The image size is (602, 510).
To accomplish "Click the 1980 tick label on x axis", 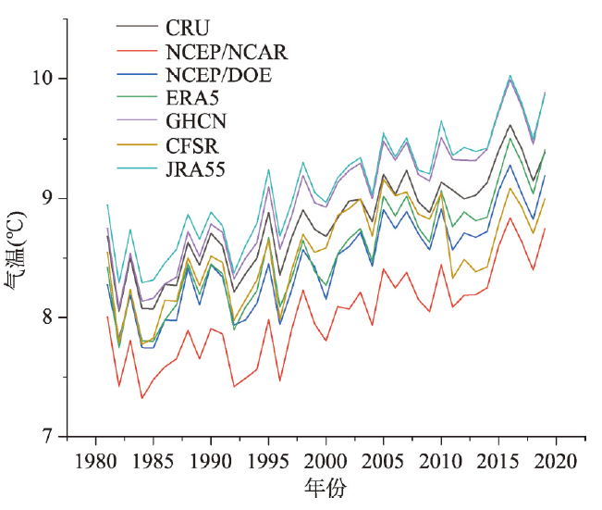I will pyautogui.click(x=95, y=461).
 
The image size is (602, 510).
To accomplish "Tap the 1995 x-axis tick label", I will pyautogui.click(x=268, y=461).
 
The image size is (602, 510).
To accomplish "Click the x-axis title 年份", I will pyautogui.click(x=326, y=489).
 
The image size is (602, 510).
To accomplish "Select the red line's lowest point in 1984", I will pyautogui.click(x=141, y=398).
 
